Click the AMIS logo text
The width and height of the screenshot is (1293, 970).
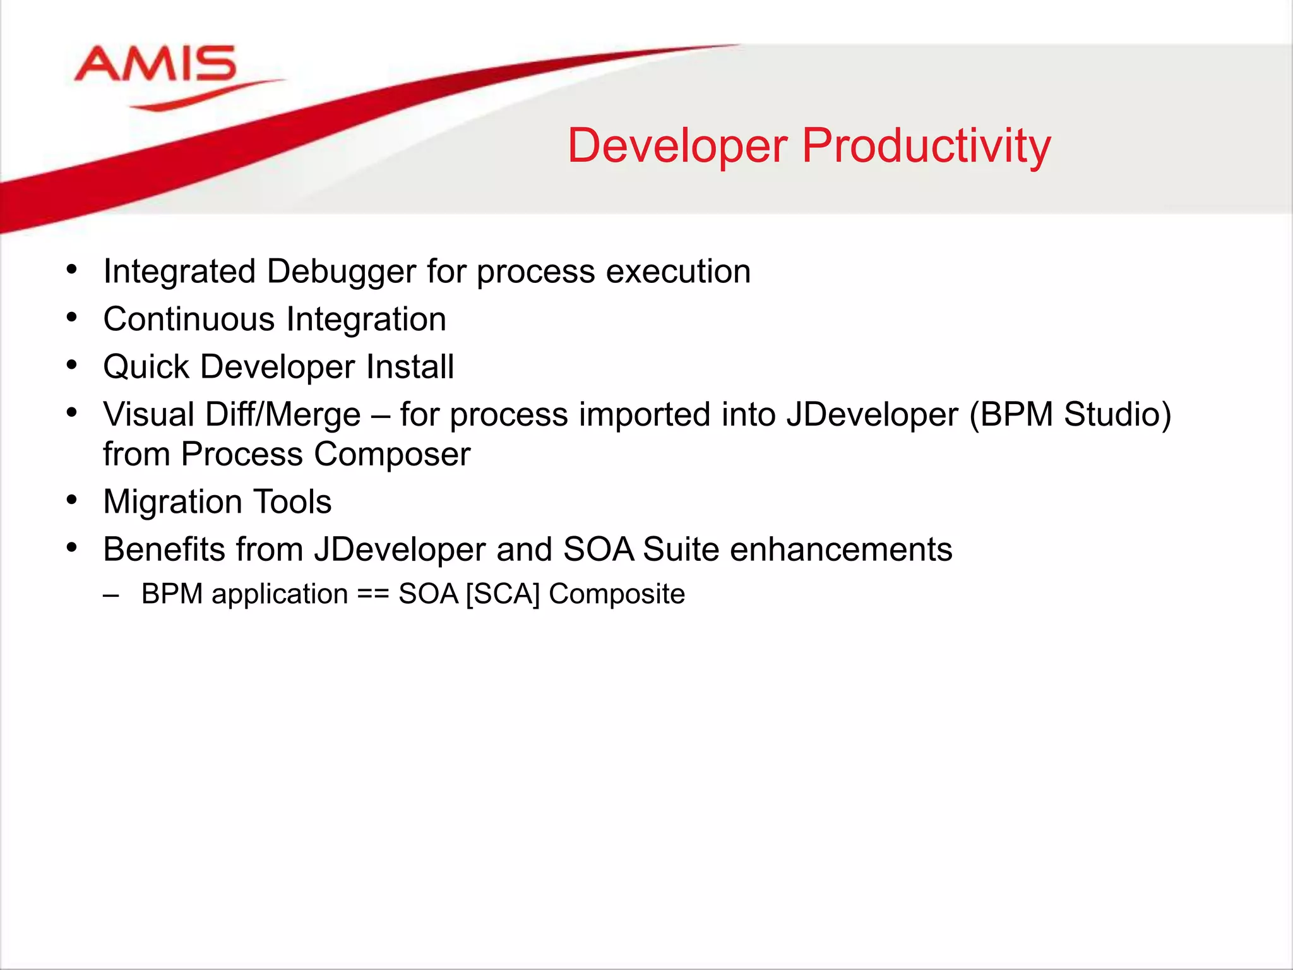155,64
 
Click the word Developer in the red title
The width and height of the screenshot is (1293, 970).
677,146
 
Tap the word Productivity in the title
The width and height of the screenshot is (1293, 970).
926,146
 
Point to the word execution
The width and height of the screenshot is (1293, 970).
678,272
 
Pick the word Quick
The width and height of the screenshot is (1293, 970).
146,367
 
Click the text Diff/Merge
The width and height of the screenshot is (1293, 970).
283,415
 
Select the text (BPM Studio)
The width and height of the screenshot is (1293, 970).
1070,415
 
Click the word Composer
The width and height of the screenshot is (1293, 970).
392,454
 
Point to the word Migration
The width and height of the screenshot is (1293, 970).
172,502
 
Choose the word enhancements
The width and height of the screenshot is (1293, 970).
841,549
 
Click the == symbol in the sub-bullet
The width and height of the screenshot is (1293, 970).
372,594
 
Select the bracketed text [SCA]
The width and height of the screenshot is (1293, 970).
503,594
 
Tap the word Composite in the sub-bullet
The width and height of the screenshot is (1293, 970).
616,594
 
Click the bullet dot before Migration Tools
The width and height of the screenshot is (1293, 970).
72,501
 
